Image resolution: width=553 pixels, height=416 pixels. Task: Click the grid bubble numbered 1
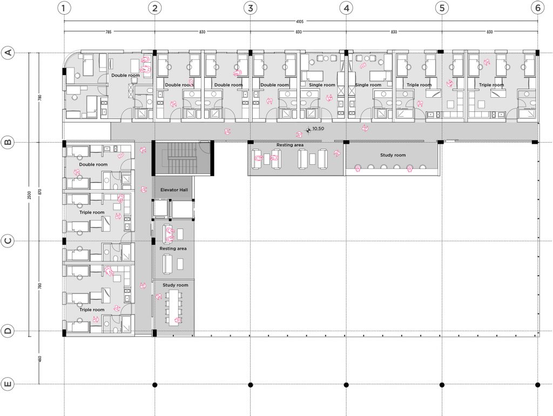click(64, 8)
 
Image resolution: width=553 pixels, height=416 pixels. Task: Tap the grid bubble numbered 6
click(537, 8)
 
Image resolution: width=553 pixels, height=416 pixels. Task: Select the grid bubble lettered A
click(8, 52)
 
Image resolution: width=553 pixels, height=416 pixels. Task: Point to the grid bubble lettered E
click(8, 385)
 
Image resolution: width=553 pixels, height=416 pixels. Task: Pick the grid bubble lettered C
click(8, 241)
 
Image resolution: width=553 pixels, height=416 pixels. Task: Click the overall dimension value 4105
click(300, 22)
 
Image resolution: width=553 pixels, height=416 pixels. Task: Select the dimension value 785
click(109, 32)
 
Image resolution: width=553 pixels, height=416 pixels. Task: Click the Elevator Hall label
click(173, 190)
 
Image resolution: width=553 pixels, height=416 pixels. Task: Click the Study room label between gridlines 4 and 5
click(393, 155)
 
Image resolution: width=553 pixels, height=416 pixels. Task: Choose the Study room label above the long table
click(176, 285)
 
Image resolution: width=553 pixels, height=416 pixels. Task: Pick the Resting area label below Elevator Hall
click(173, 249)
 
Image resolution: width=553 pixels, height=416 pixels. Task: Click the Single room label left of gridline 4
click(322, 85)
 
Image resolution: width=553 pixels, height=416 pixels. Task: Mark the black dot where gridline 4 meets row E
click(346, 385)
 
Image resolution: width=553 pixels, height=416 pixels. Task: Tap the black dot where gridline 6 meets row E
click(537, 385)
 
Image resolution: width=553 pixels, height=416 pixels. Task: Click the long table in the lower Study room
click(174, 307)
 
